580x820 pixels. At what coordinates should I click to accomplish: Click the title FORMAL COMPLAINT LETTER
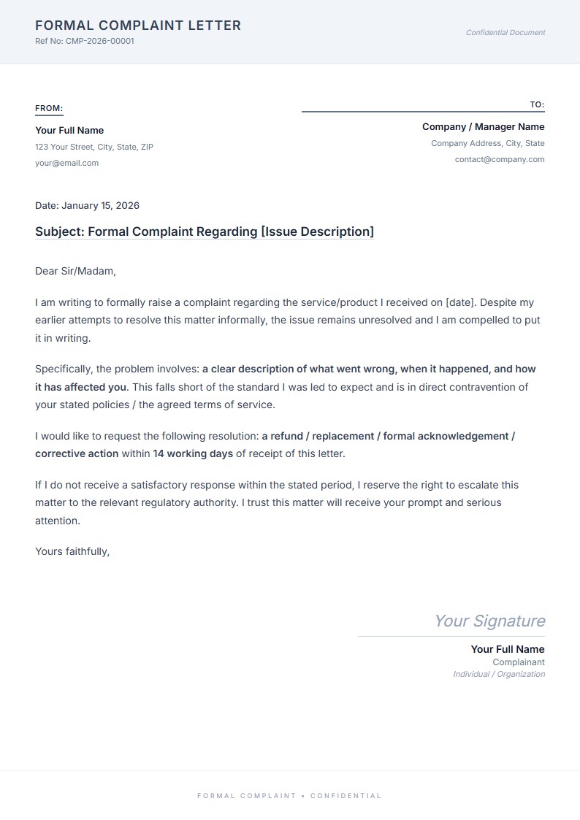click(x=138, y=26)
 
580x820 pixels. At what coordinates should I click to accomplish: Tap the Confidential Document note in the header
click(x=505, y=32)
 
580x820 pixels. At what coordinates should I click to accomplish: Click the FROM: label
click(x=49, y=108)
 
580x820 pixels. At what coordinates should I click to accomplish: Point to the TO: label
click(x=537, y=104)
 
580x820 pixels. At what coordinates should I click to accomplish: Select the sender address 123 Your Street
click(x=94, y=147)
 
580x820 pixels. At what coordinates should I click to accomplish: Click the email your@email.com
click(x=66, y=163)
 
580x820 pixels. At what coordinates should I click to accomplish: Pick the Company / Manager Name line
click(x=483, y=126)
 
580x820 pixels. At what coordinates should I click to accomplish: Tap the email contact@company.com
click(x=500, y=159)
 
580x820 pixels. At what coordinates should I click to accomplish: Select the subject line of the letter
click(x=205, y=231)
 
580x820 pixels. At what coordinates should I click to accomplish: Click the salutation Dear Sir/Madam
click(x=75, y=271)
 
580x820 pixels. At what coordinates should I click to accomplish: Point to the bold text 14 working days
click(x=193, y=453)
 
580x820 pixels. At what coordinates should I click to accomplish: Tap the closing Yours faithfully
click(x=72, y=551)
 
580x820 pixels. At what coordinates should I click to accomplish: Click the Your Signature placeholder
click(x=489, y=621)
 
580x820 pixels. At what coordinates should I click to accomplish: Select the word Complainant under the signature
click(x=519, y=662)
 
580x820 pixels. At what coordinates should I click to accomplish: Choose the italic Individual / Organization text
click(x=499, y=674)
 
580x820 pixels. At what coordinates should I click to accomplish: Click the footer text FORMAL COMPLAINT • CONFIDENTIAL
click(x=289, y=795)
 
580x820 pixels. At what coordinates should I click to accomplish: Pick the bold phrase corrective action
click(x=77, y=453)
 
